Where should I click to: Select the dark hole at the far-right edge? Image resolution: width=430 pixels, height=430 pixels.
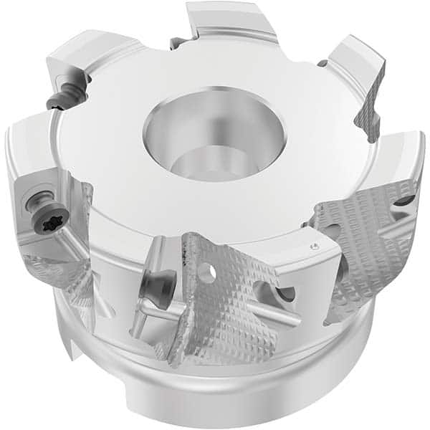click(x=403, y=200)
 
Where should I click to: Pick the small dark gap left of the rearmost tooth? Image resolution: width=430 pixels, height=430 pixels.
click(x=176, y=43)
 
